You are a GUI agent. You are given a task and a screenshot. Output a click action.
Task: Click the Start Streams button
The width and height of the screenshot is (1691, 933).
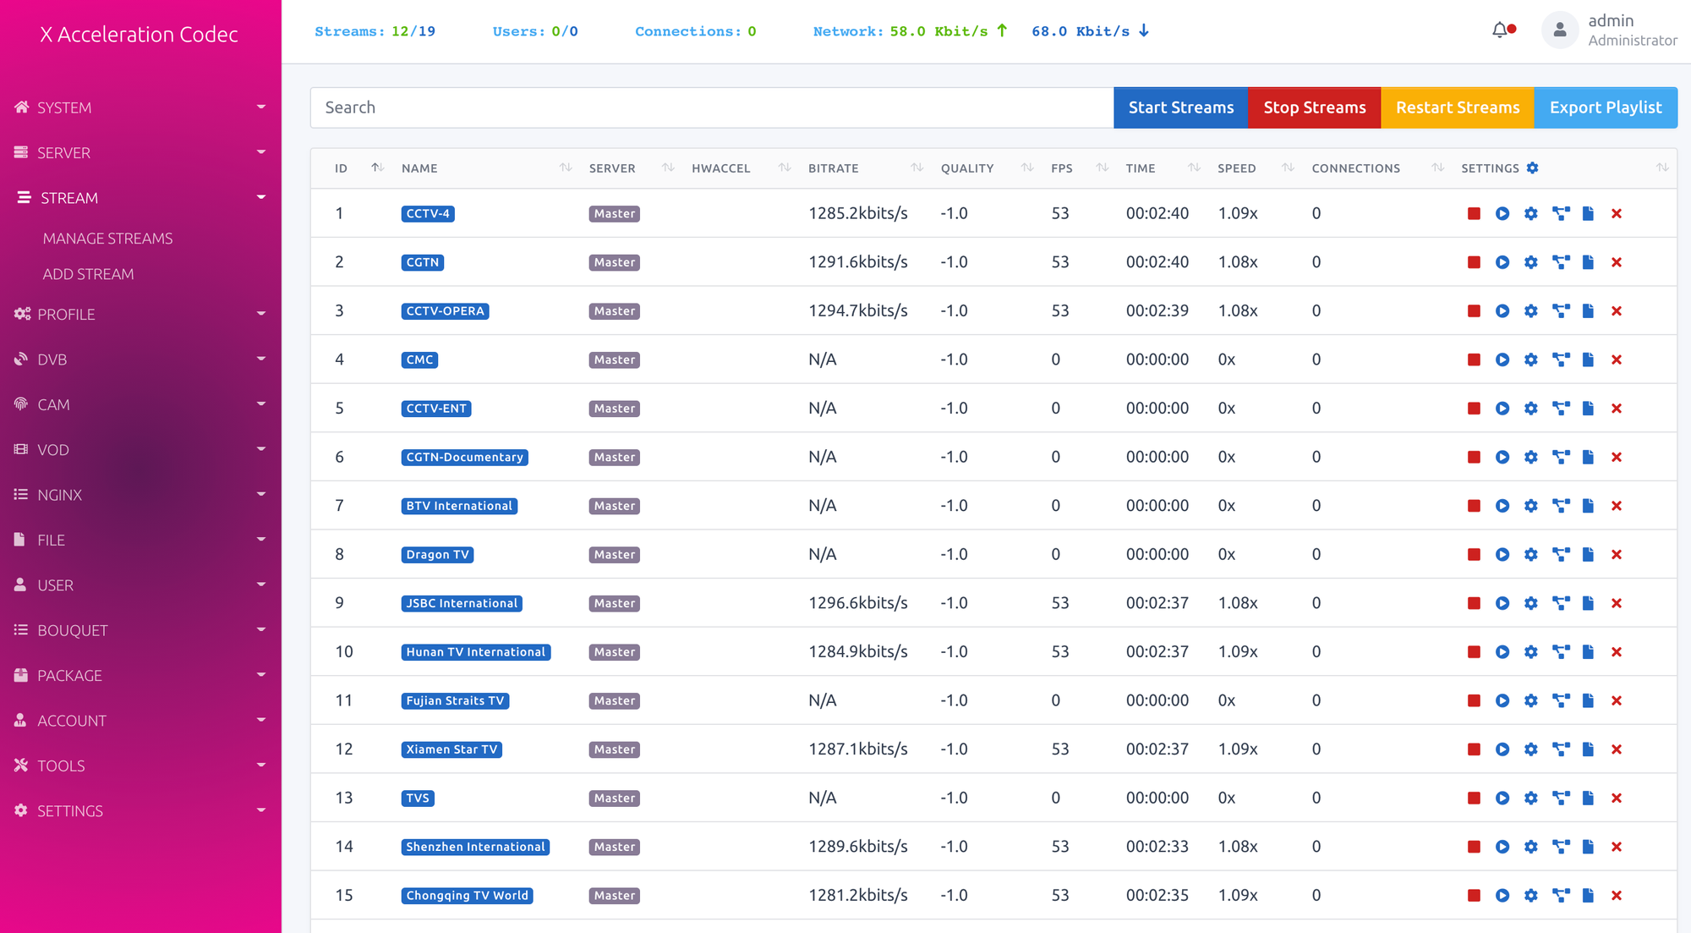coord(1180,107)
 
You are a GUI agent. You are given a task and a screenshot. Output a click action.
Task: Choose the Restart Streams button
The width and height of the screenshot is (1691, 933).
coord(1458,107)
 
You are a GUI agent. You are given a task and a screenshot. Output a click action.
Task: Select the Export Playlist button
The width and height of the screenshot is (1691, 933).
coord(1606,107)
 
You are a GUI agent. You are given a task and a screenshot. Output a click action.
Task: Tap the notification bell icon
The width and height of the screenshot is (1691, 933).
coord(1500,30)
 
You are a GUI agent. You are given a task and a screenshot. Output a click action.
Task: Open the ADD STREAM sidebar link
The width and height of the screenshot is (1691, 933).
coord(88,274)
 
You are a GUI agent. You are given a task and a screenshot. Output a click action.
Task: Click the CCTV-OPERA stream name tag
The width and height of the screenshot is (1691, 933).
coord(445,311)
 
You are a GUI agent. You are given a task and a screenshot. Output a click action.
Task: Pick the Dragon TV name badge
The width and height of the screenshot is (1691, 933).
coord(437,555)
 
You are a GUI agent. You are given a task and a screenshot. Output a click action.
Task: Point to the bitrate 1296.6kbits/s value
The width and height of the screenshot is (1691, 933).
coord(858,603)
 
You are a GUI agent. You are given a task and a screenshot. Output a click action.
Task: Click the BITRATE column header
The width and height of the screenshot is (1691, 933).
coord(833,168)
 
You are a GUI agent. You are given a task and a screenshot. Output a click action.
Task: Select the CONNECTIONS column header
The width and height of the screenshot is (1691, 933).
coord(1355,168)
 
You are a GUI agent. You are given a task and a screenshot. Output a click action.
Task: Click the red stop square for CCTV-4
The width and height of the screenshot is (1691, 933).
coord(1474,214)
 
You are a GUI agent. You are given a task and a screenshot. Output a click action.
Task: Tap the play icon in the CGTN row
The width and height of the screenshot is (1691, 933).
coord(1502,262)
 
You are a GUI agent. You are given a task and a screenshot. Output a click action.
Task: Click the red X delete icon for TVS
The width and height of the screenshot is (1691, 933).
coord(1617,799)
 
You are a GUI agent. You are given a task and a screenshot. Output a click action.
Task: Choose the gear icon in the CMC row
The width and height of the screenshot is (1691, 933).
coord(1531,359)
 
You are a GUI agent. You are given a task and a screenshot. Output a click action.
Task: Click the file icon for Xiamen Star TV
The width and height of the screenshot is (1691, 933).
coord(1588,749)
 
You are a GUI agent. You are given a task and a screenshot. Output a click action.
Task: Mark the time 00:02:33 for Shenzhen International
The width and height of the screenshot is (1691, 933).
coord(1157,847)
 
